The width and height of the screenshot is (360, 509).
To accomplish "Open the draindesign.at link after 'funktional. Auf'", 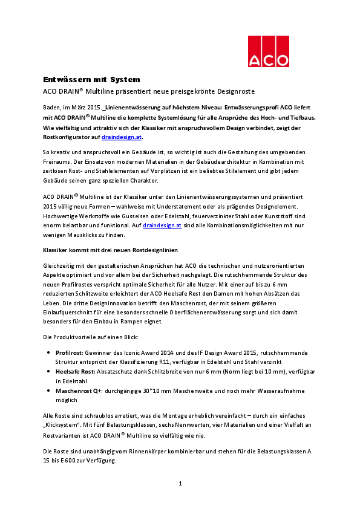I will click(x=162, y=225).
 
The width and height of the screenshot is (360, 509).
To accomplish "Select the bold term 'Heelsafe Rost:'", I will click(x=76, y=371).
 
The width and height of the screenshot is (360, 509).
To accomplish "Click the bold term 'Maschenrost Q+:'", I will click(x=79, y=391).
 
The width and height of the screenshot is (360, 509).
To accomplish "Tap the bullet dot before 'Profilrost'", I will click(x=48, y=352).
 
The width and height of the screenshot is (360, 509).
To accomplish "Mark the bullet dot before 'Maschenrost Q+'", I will click(x=48, y=391).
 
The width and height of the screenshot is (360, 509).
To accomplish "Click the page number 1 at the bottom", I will click(x=180, y=484).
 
